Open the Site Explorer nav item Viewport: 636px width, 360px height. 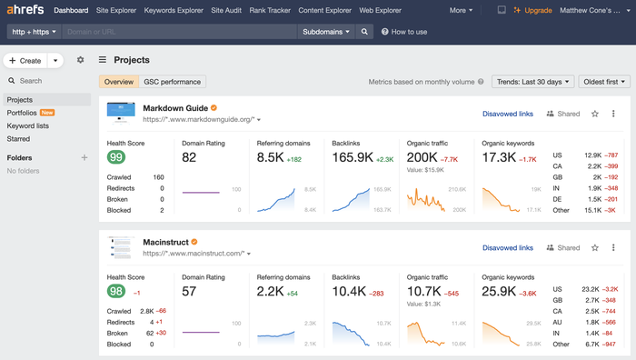click(117, 10)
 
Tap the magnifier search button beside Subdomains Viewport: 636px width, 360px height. click(364, 31)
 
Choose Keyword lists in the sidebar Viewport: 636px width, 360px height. click(27, 126)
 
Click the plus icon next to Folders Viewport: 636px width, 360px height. click(84, 157)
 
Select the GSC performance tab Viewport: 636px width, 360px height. click(174, 82)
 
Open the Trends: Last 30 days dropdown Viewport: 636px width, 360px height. click(532, 82)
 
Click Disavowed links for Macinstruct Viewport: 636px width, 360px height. click(507, 247)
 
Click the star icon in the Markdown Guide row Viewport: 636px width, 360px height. click(594, 114)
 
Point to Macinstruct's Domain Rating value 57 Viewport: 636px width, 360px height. click(190, 291)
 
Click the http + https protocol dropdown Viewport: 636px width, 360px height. click(34, 31)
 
